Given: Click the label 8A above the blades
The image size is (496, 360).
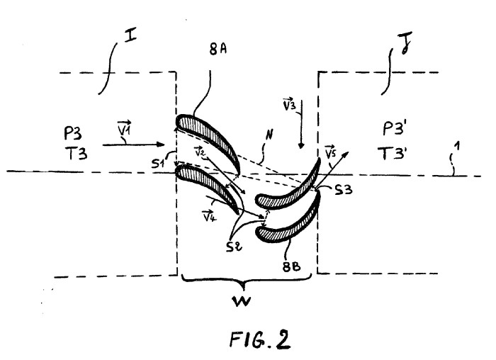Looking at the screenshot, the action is (x=218, y=50).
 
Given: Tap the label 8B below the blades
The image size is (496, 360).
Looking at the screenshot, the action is (x=291, y=267).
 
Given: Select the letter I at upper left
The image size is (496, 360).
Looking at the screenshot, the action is (x=130, y=35).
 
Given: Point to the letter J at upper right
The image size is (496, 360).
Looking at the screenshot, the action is (x=405, y=43).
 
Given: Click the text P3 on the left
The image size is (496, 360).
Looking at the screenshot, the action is (x=73, y=133).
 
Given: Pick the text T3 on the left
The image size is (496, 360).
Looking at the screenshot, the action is (x=77, y=154).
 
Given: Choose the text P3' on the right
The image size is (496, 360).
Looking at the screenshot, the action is (x=395, y=128).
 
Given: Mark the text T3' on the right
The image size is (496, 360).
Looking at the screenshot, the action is (x=393, y=153).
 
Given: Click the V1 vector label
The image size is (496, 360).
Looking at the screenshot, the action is (x=124, y=128).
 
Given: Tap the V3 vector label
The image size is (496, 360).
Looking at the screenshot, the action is (x=289, y=105).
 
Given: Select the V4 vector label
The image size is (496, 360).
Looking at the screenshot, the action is (x=209, y=215).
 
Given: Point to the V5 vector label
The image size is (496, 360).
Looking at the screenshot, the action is (x=330, y=152).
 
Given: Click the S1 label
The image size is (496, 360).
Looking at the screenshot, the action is (x=158, y=164).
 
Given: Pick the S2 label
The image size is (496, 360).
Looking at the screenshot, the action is (x=234, y=247).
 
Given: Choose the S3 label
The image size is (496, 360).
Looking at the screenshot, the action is (x=344, y=189).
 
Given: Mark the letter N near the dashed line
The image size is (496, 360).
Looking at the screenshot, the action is (x=269, y=135).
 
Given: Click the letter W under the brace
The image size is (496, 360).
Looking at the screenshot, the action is (x=242, y=301).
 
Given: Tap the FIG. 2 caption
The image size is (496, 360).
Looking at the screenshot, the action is (x=260, y=339).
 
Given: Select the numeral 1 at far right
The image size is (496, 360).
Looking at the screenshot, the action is (x=456, y=147).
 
